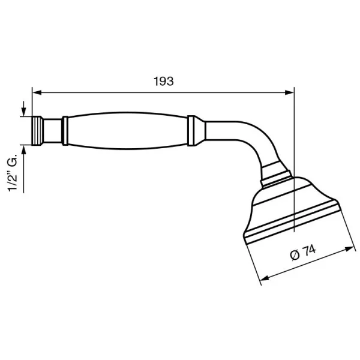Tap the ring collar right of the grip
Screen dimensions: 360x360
tap(194, 130)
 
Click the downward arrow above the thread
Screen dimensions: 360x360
tap(23, 112)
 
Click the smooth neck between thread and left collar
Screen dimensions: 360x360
tap(53, 130)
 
